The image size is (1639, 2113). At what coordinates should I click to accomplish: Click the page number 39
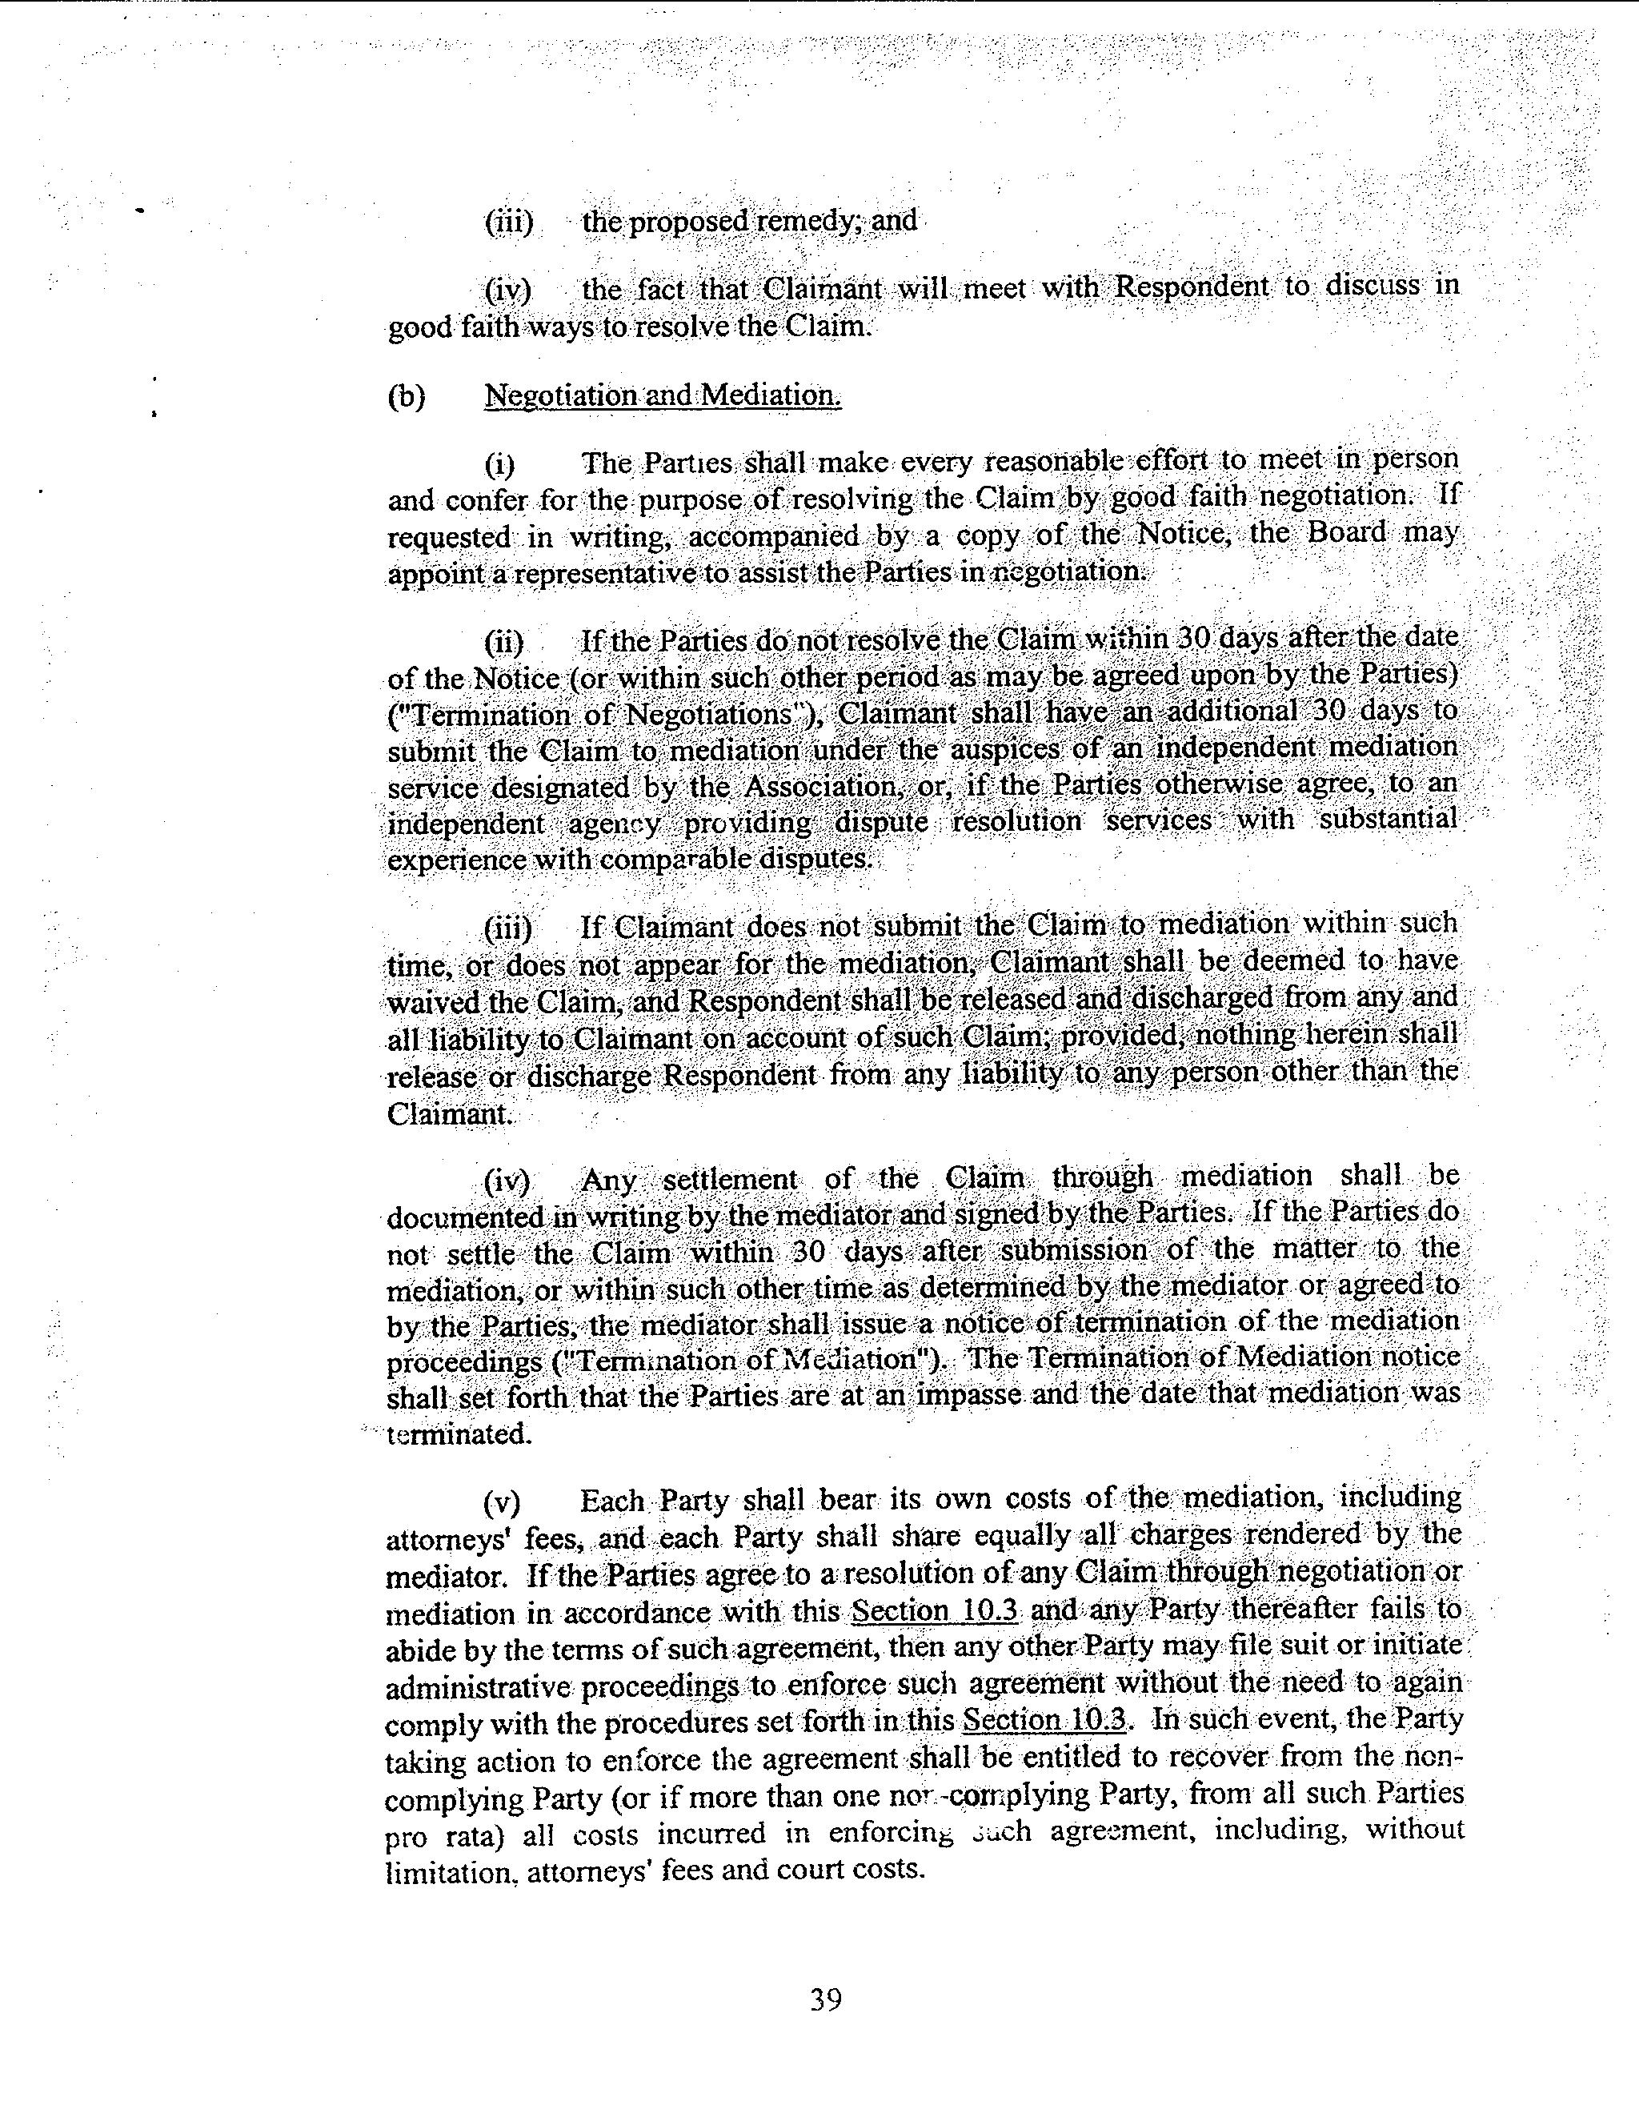[825, 1999]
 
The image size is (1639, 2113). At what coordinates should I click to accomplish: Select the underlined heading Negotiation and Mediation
[663, 395]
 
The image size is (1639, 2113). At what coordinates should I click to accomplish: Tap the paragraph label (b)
[407, 397]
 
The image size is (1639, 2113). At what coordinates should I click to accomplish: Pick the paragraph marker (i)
[500, 465]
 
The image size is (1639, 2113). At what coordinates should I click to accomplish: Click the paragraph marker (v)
[502, 1502]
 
